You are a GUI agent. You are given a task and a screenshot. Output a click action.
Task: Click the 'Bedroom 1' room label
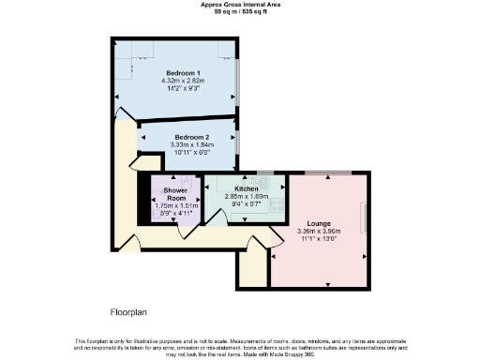(x=184, y=72)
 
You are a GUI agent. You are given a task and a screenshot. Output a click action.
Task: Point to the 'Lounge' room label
(x=318, y=224)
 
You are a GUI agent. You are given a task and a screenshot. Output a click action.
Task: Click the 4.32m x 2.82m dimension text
(x=184, y=81)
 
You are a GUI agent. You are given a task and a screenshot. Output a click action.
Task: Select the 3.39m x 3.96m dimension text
(x=318, y=232)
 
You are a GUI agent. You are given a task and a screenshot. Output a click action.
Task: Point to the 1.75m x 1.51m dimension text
(x=178, y=206)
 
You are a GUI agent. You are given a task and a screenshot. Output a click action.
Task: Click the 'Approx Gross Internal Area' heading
(x=239, y=4)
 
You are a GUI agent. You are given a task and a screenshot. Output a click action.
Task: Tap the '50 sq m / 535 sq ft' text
(x=239, y=11)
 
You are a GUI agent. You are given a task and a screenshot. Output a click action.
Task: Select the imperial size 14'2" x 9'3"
(x=184, y=88)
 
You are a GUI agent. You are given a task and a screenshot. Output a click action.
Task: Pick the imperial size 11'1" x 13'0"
(x=318, y=240)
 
